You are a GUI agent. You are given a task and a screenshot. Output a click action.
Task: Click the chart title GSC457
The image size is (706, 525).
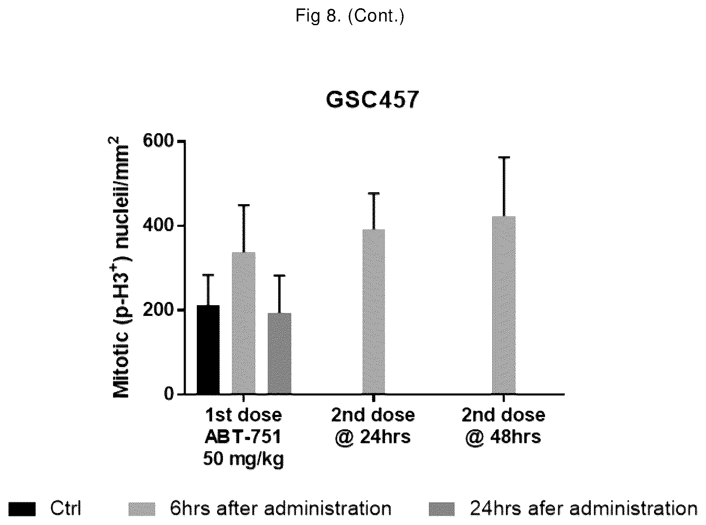(x=372, y=100)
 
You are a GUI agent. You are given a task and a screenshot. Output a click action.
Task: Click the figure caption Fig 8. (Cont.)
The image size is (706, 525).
(x=350, y=16)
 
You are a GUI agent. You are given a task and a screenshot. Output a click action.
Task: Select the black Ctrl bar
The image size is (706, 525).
(x=208, y=350)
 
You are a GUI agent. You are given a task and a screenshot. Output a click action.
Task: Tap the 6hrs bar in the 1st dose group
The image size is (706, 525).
(x=243, y=323)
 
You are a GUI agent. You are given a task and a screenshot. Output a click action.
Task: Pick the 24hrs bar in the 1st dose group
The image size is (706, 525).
(x=279, y=353)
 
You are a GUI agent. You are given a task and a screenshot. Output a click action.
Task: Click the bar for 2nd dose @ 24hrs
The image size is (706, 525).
(x=374, y=312)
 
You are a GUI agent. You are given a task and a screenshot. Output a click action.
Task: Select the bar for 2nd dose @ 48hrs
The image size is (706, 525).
(x=504, y=305)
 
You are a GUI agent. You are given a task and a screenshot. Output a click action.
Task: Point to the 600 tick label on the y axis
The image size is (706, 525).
(x=158, y=141)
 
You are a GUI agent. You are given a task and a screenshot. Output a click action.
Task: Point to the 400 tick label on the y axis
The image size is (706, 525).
(x=158, y=226)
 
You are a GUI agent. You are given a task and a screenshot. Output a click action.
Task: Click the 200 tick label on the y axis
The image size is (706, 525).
(x=158, y=310)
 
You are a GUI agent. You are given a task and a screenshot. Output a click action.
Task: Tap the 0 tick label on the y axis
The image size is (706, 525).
(x=168, y=394)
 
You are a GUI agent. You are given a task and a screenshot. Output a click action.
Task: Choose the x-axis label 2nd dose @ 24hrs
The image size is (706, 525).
(x=373, y=426)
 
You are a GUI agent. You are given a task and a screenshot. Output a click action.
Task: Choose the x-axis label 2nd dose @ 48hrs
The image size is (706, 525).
(x=503, y=426)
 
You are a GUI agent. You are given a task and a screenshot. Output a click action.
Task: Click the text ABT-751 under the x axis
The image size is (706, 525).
(x=243, y=437)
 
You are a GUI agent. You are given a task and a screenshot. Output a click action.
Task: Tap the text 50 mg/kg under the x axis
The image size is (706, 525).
(x=243, y=459)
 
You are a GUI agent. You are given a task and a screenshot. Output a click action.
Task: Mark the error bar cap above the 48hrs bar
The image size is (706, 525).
(x=504, y=158)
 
